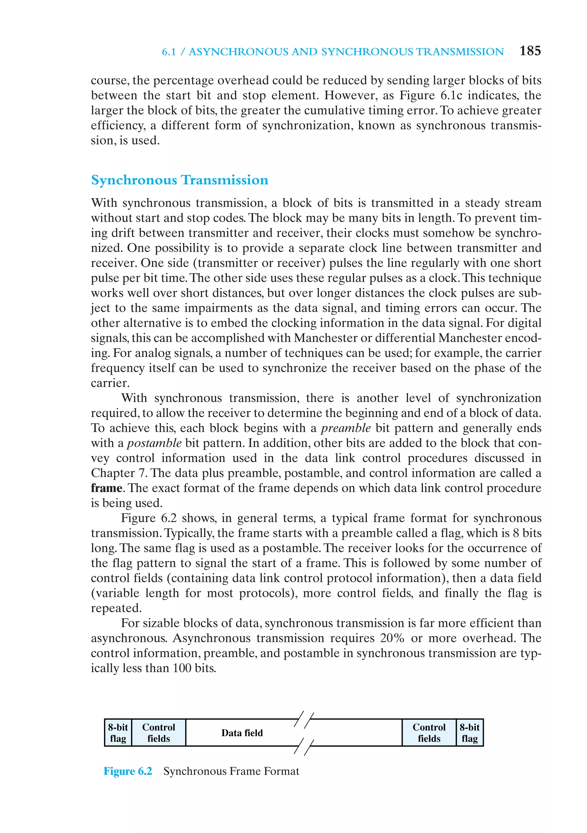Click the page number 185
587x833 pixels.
[x=530, y=51]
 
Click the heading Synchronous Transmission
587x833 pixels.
[x=179, y=180]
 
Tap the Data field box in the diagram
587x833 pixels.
[x=242, y=733]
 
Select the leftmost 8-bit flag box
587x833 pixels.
[x=118, y=733]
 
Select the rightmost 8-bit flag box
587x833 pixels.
[x=469, y=733]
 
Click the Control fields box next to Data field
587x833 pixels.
[x=159, y=733]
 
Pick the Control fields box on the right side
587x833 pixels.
[x=429, y=733]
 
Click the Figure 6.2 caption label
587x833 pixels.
[x=128, y=771]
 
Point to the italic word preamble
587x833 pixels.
[x=346, y=428]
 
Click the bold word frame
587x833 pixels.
[x=106, y=488]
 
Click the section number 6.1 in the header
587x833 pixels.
[x=169, y=52]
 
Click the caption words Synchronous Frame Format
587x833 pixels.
[x=231, y=771]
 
